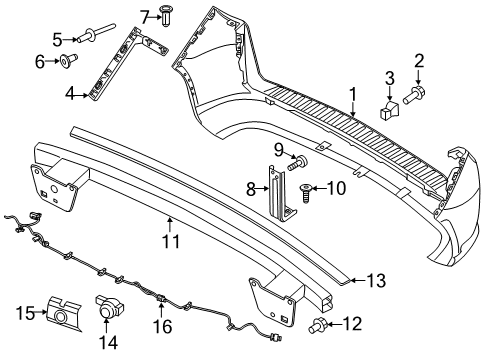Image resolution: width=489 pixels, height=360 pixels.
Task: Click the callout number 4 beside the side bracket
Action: tap(70, 95)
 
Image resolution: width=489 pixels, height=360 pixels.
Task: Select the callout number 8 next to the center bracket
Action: tap(254, 187)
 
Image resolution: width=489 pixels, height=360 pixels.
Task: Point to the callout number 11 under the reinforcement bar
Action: tap(171, 241)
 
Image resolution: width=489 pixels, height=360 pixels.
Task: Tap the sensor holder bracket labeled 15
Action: tap(60, 315)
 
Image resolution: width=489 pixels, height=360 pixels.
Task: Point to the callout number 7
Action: tap(143, 16)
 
